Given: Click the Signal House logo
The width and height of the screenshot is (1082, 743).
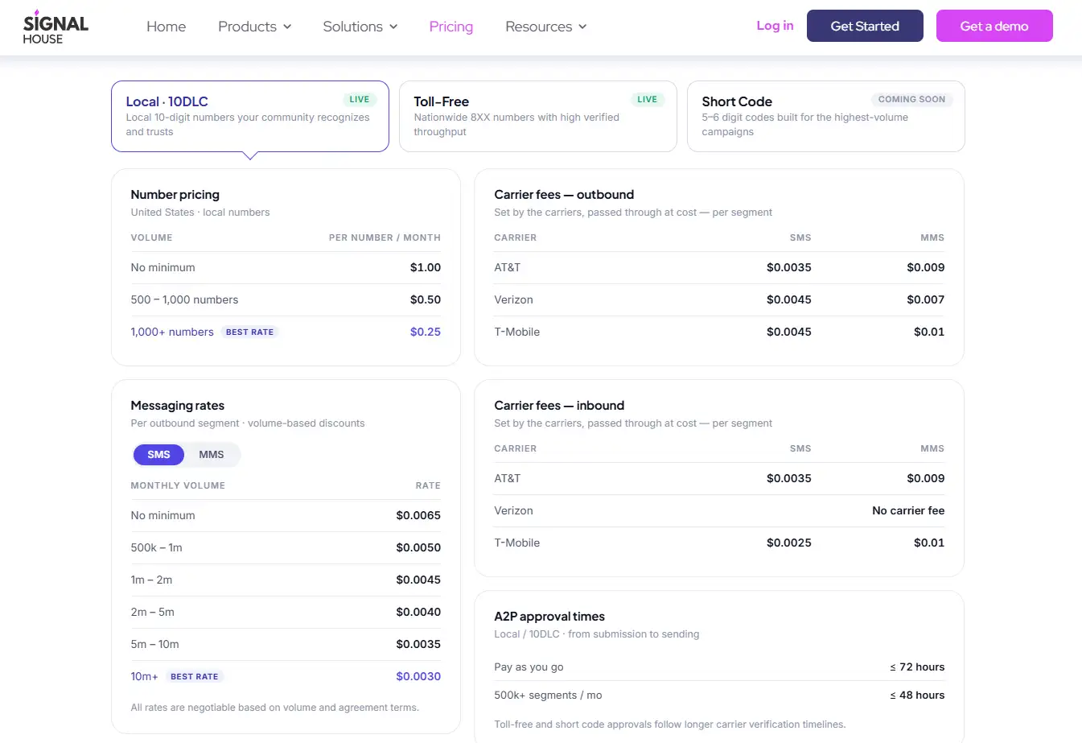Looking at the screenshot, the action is (x=56, y=27).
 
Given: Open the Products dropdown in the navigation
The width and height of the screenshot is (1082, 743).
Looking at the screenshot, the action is (x=254, y=26).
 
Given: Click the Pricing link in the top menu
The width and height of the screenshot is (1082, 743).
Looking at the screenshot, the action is (x=450, y=26).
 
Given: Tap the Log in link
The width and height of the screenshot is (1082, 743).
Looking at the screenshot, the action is (x=775, y=26).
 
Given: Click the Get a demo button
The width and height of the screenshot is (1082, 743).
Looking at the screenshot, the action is (x=994, y=26).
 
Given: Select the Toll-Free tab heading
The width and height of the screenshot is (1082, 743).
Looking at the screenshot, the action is (x=441, y=101).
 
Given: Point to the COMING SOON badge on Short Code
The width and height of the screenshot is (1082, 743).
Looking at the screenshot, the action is (x=911, y=99).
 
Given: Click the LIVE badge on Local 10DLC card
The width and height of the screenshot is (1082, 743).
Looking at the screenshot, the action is (x=359, y=99).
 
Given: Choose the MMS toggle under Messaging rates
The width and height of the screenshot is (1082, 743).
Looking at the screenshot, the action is (x=211, y=454).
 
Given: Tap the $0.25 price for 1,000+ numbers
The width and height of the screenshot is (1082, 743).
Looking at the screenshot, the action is (x=425, y=332).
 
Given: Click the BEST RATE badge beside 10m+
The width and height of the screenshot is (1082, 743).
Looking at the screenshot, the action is (x=194, y=676).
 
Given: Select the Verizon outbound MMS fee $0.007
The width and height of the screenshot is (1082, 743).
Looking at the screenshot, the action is (x=925, y=299).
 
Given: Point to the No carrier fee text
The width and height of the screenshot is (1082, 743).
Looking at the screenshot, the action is (x=908, y=510).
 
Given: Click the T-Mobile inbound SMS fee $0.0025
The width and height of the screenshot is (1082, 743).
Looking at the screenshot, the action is (x=789, y=543).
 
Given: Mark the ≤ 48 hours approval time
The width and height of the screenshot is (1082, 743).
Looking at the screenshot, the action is (x=917, y=696).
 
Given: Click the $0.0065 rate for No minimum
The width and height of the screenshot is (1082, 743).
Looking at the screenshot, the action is (x=418, y=515).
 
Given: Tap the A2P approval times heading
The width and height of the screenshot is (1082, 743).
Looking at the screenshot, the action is (x=549, y=617).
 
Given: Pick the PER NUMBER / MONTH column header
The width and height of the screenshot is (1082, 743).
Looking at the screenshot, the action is (x=385, y=237).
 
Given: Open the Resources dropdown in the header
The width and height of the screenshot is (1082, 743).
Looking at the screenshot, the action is (x=546, y=26).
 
